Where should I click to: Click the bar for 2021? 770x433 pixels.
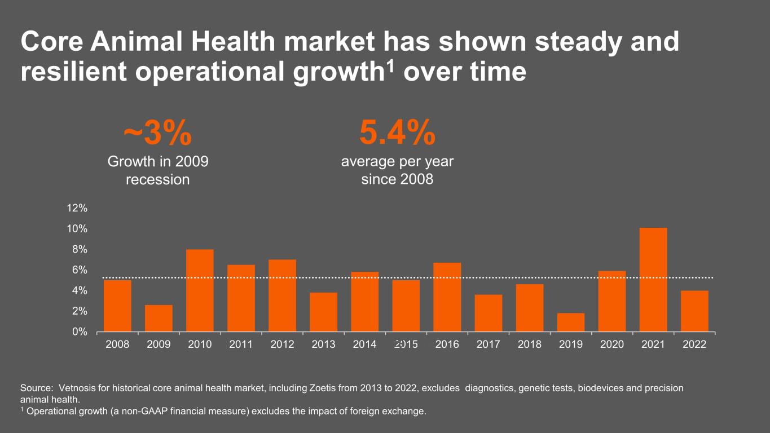[653, 280]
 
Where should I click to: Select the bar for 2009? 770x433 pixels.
[159, 318]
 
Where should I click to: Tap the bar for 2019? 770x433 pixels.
[571, 322]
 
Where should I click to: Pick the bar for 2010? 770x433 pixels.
[200, 290]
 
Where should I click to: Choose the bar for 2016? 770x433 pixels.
[447, 297]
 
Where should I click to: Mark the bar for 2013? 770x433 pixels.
[323, 312]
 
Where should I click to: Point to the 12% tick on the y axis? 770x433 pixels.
[77, 208]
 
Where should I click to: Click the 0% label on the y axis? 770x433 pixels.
[80, 332]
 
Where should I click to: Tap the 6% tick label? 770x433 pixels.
[80, 270]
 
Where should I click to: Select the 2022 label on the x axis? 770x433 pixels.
[694, 344]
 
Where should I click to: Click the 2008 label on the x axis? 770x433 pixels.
[117, 344]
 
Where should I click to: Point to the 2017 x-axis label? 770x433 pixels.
[489, 344]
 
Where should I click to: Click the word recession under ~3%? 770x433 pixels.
[157, 180]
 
